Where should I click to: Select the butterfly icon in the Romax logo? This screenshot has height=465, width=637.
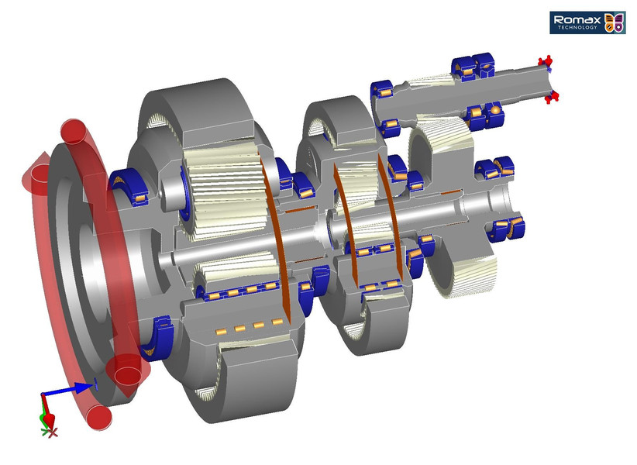click(x=614, y=22)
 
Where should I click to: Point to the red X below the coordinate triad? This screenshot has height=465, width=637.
click(x=53, y=432)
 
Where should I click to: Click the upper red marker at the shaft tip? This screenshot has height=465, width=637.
click(x=546, y=62)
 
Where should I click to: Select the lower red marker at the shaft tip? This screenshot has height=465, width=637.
click(x=553, y=96)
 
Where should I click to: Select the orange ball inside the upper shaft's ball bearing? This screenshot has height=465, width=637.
click(x=492, y=113)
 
